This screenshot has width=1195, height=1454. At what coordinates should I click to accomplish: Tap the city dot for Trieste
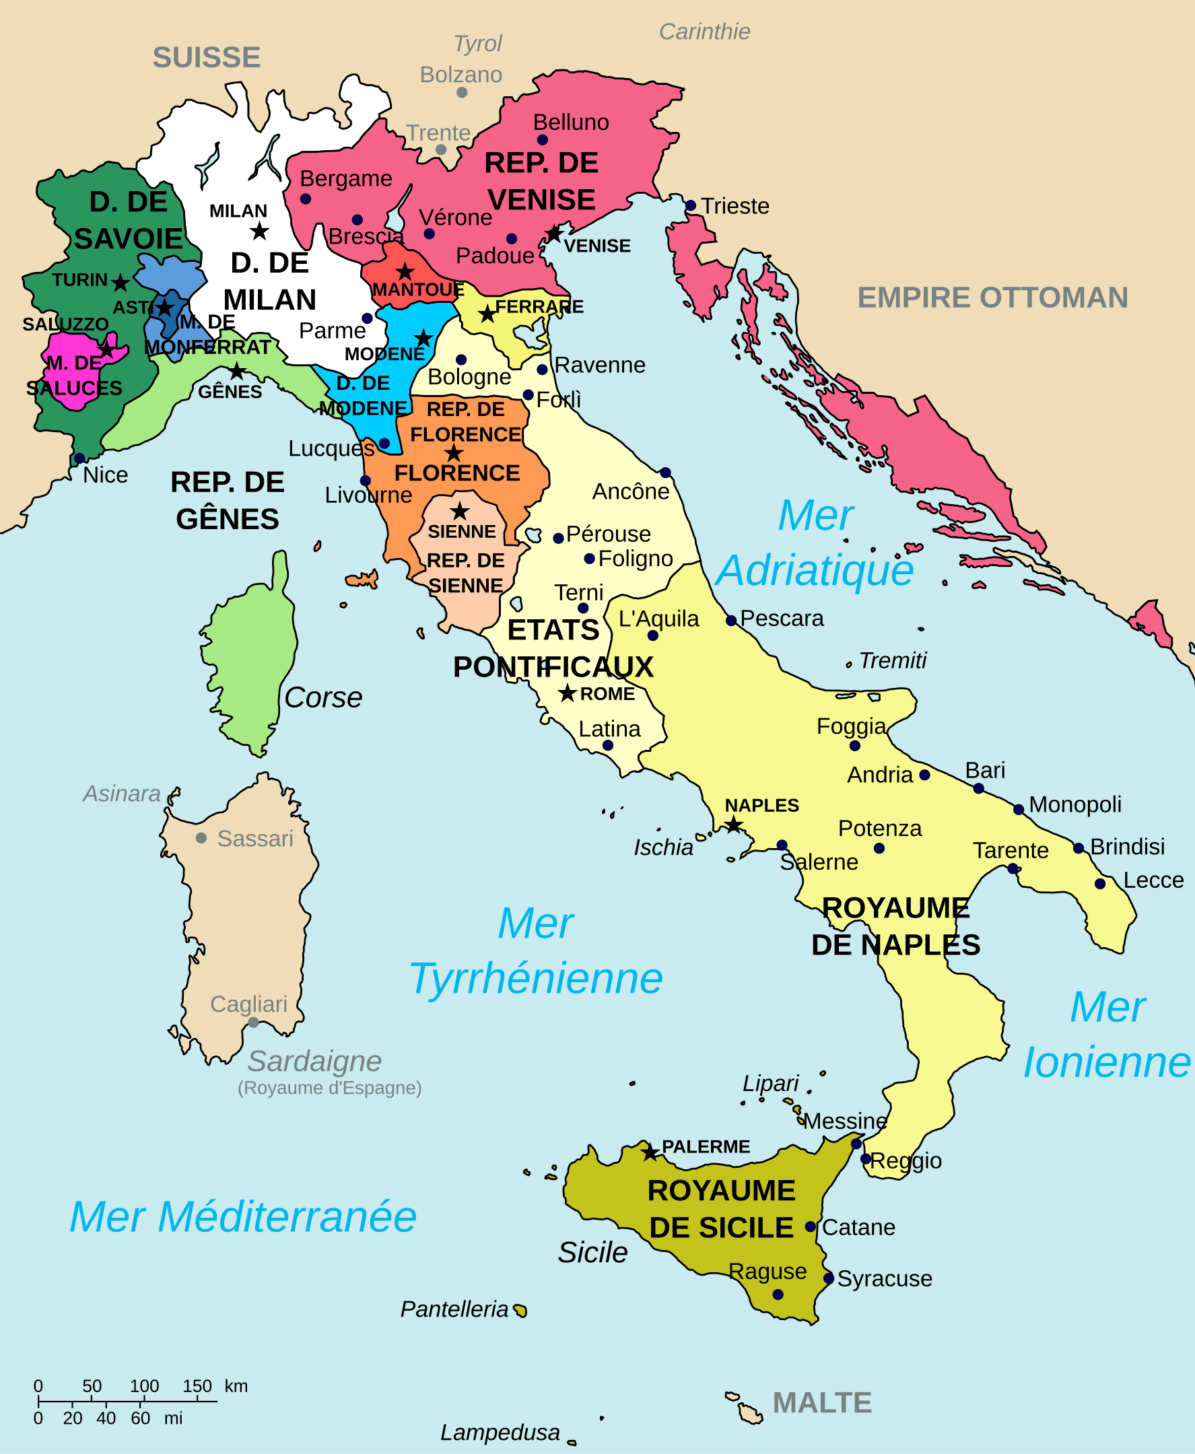click(691, 205)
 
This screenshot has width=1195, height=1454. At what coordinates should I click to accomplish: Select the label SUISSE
click(206, 57)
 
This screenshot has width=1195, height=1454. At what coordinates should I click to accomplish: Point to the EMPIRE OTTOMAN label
click(992, 298)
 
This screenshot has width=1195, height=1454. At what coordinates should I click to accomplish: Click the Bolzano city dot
click(462, 92)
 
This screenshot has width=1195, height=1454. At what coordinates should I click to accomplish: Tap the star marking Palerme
click(649, 1152)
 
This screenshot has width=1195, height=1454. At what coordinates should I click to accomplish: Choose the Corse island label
click(323, 697)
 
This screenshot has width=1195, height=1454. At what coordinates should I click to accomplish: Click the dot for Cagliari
click(253, 1022)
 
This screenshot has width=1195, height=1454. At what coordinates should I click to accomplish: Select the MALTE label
click(822, 1402)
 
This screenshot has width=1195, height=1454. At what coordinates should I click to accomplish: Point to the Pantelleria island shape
click(521, 1310)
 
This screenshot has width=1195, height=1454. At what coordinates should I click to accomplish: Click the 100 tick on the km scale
click(143, 1401)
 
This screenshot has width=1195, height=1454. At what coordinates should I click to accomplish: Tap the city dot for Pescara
click(731, 620)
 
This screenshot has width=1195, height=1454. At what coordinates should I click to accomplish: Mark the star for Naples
click(734, 824)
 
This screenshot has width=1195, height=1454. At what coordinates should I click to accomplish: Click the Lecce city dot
click(1100, 884)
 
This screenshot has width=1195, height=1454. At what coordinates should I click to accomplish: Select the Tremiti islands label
click(892, 660)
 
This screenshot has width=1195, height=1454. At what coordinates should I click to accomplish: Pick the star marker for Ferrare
click(487, 314)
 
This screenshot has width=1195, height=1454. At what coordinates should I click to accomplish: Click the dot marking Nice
click(80, 458)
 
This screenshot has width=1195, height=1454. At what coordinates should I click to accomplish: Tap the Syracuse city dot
click(829, 1278)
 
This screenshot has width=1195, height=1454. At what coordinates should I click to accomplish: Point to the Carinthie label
click(704, 32)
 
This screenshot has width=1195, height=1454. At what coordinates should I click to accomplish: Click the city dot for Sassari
click(201, 837)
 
